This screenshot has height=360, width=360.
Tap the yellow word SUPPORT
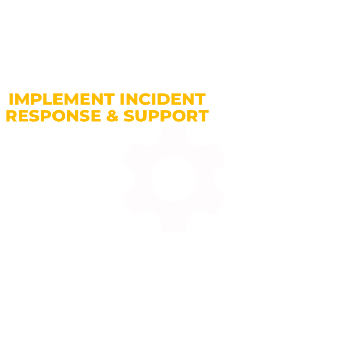pos(166,116)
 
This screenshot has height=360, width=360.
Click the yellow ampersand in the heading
pos(113,116)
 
